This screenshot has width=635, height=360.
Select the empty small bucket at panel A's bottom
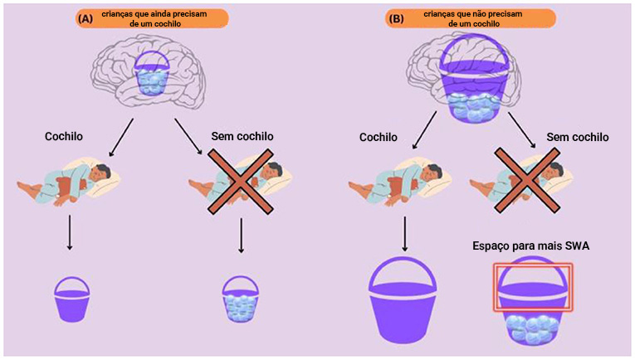[x=71, y=299]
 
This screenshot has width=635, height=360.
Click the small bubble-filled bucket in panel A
[x=241, y=299]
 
